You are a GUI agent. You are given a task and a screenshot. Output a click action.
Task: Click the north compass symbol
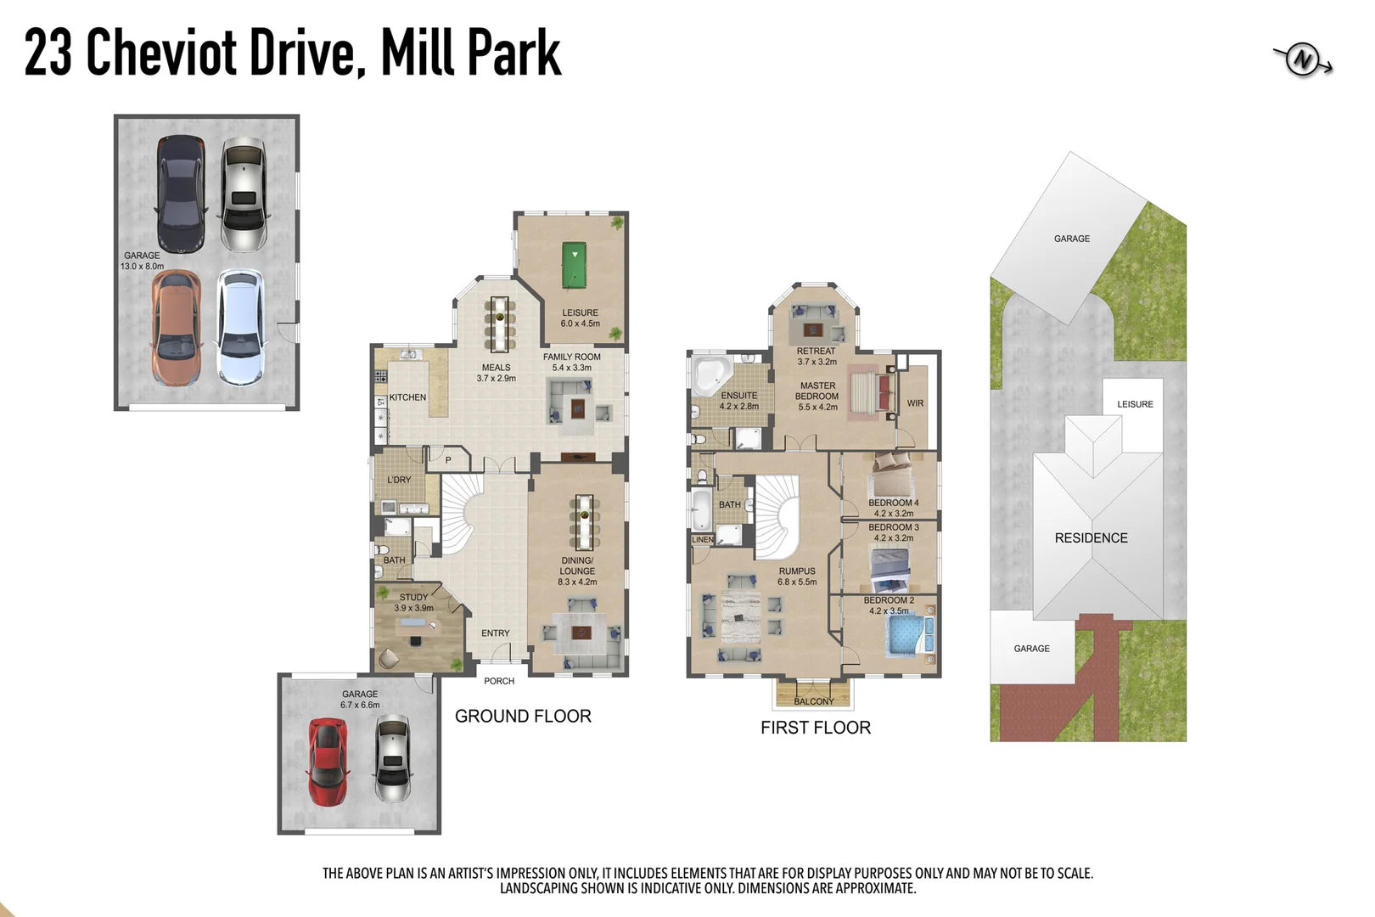pos(1302,60)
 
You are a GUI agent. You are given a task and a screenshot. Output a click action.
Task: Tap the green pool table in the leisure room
pos(575,265)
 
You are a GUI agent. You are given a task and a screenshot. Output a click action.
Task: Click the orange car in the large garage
pos(176,327)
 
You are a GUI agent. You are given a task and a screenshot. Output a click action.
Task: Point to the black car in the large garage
pos(180,194)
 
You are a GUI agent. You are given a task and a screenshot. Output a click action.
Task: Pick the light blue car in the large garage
pos(240,327)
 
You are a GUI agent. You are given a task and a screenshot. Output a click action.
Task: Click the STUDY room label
pos(413,597)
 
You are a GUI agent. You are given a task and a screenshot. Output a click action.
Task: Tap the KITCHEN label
pos(407,397)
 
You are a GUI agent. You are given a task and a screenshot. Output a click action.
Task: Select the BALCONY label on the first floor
pos(814,701)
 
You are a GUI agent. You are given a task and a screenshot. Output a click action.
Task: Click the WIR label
pos(915,403)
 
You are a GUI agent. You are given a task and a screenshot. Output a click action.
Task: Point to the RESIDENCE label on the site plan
pos(1091,538)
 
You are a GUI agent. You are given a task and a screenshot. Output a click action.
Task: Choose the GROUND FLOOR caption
pos(523,717)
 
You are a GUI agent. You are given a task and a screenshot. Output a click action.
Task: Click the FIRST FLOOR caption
pos(816,728)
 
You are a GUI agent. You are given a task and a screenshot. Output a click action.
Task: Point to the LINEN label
pos(703,540)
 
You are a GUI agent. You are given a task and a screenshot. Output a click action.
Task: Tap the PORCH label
pos(499,681)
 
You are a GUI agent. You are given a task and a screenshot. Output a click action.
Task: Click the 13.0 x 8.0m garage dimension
pos(142,267)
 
